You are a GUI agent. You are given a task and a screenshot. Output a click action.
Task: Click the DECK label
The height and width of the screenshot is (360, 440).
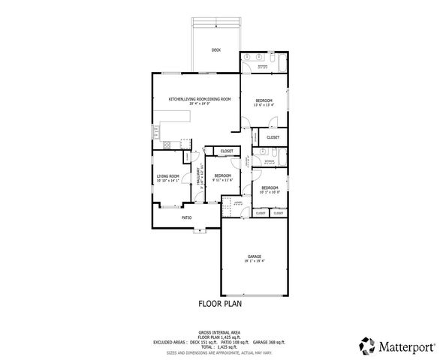click(x=215, y=50)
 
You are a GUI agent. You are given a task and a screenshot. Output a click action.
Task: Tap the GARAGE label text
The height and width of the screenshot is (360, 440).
click(x=254, y=257)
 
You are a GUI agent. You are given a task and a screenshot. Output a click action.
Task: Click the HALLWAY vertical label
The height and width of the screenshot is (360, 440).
click(x=199, y=177)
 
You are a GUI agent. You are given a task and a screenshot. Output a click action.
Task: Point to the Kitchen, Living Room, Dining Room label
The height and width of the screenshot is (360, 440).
click(x=199, y=99)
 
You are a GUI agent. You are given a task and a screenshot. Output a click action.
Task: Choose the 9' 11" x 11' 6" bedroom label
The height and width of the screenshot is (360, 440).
click(x=223, y=178)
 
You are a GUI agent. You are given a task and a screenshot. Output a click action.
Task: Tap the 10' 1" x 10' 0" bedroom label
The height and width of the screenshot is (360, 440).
click(x=270, y=189)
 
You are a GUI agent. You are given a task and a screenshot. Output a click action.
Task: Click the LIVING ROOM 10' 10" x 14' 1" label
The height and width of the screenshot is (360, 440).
click(x=167, y=178)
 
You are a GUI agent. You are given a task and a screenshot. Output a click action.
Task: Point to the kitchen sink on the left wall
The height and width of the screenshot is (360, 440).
click(x=158, y=131)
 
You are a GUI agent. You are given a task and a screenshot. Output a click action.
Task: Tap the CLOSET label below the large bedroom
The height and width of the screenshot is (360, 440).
click(x=272, y=137)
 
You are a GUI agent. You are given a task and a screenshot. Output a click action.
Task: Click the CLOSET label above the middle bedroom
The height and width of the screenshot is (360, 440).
click(x=227, y=151)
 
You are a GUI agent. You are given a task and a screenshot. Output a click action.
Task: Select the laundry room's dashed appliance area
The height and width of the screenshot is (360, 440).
click(x=237, y=203)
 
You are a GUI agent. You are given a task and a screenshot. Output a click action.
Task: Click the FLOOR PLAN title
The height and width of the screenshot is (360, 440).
click(x=218, y=304)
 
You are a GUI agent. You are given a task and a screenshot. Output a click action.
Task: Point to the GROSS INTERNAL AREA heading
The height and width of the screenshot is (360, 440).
click(x=219, y=331)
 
